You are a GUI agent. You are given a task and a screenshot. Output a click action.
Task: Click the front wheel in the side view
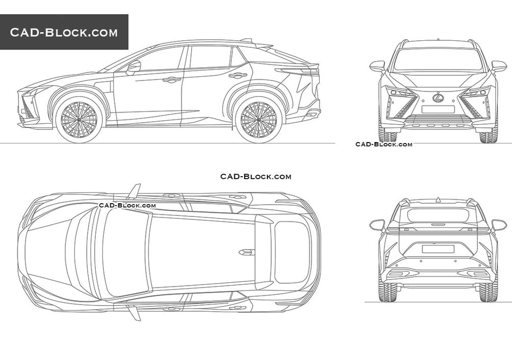(x=78, y=120)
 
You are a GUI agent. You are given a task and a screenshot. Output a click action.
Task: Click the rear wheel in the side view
(x=258, y=120)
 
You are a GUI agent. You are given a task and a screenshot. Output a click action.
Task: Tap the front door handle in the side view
(x=172, y=79)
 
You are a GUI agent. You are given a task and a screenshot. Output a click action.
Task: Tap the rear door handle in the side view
(x=238, y=75)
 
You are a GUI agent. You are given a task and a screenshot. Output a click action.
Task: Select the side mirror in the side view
(x=133, y=68)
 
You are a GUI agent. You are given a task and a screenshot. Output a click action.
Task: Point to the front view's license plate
(x=438, y=109)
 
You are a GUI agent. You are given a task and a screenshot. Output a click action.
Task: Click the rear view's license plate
(x=438, y=249)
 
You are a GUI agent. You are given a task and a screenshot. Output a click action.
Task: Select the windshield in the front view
(x=438, y=60)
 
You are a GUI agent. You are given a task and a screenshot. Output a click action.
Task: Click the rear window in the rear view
(x=438, y=216)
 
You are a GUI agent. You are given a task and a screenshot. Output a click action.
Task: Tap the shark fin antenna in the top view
(x=247, y=252)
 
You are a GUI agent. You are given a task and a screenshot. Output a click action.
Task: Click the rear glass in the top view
(x=292, y=253)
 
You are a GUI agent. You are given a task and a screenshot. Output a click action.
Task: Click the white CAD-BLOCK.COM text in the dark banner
(x=64, y=32)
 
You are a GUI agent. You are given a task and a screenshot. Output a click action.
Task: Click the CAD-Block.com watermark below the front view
(x=384, y=144)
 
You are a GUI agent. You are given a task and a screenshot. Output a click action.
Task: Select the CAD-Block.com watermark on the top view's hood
(x=127, y=205)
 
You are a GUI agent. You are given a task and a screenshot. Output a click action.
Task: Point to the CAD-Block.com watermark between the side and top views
(x=256, y=177)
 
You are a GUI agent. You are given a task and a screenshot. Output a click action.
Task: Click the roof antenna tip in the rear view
(x=438, y=198)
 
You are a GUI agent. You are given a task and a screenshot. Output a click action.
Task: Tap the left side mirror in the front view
(x=378, y=66)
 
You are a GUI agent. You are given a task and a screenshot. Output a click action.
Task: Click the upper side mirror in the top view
(x=134, y=191)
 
